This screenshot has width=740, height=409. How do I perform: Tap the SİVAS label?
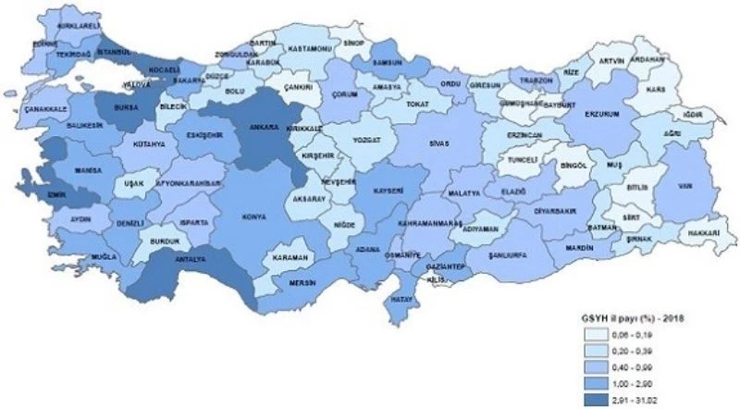437,143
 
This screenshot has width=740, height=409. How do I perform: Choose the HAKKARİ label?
704,233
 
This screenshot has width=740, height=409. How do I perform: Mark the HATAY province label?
404,300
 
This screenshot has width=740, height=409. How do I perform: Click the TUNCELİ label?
524,160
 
